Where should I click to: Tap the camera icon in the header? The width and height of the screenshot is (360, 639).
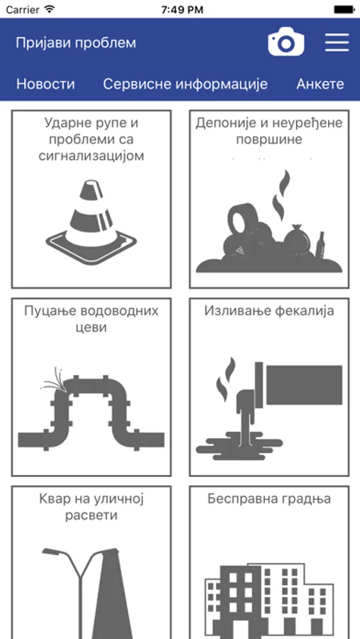pyautogui.click(x=285, y=42)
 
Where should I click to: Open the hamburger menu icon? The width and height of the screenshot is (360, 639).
pyautogui.click(x=337, y=43)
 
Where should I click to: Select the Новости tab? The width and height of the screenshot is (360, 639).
pyautogui.click(x=45, y=84)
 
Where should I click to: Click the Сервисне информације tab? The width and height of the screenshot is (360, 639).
pyautogui.click(x=185, y=84)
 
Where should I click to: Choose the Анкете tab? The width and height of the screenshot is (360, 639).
pyautogui.click(x=320, y=84)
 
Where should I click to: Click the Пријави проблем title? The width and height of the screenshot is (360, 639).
pyautogui.click(x=76, y=43)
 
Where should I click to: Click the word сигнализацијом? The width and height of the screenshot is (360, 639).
pyautogui.click(x=92, y=156)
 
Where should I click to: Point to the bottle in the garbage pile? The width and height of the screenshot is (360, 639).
pyautogui.click(x=321, y=246)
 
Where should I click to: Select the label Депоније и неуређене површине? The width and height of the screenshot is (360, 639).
pyautogui.click(x=269, y=131)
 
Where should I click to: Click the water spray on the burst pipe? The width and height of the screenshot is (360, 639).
pyautogui.click(x=53, y=380)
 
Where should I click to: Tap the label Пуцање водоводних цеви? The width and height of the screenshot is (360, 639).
pyautogui.click(x=92, y=319)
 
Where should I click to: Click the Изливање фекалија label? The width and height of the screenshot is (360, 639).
pyautogui.click(x=269, y=311)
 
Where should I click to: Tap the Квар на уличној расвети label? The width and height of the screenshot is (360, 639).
pyautogui.click(x=92, y=506)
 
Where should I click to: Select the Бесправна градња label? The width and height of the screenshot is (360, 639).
pyautogui.click(x=269, y=499)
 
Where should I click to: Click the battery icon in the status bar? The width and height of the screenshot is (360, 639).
pyautogui.click(x=344, y=9)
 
